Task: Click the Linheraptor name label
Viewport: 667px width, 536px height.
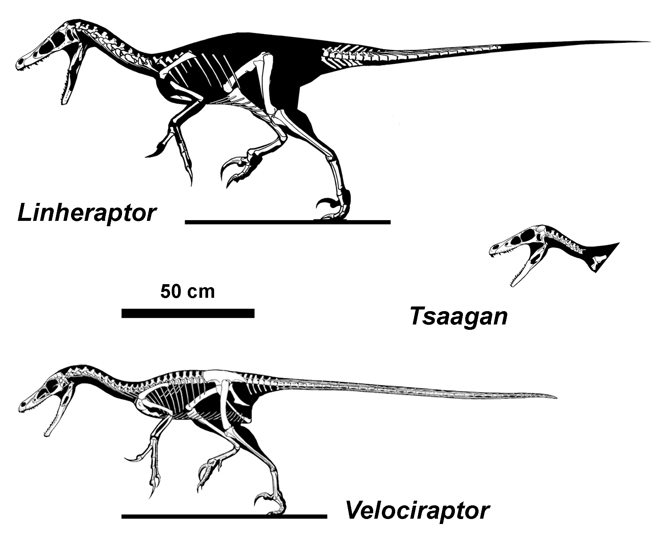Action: [x=86, y=214]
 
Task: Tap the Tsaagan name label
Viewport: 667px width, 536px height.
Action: [x=458, y=316]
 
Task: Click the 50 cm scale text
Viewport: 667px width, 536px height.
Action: [x=187, y=291]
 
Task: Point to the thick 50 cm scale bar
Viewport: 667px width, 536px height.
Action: [x=188, y=313]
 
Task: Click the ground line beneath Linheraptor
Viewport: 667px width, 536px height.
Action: [x=287, y=222]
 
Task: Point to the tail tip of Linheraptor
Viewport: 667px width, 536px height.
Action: [x=650, y=42]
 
